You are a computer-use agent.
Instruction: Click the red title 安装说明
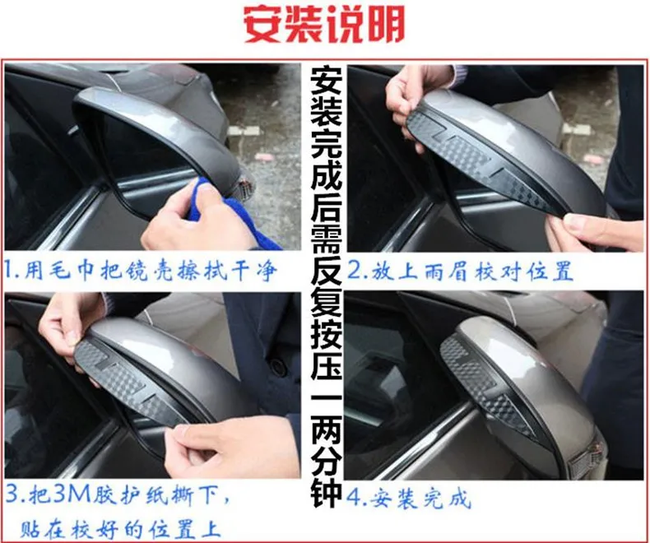(323, 26)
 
